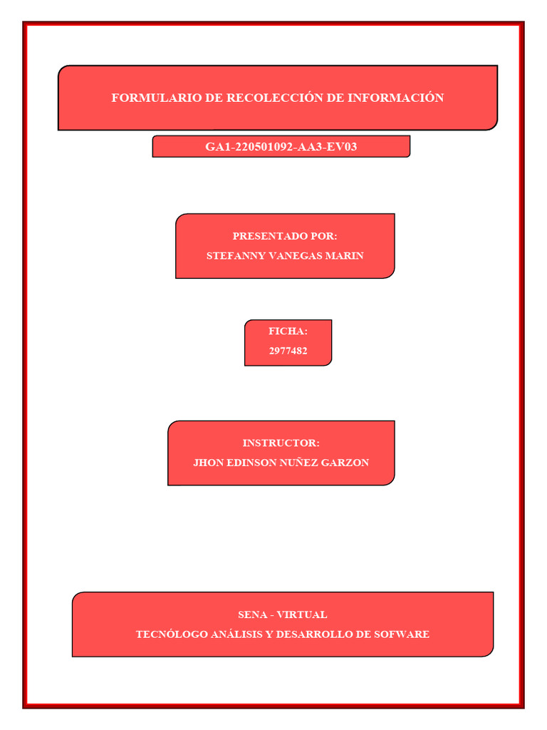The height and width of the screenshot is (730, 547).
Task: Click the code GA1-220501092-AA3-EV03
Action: [281, 147]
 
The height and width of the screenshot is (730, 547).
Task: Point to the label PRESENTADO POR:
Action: [285, 236]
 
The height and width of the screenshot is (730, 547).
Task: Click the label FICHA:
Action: [288, 331]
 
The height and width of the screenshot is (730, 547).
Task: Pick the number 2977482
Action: [288, 351]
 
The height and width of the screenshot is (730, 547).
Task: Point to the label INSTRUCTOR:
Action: [281, 443]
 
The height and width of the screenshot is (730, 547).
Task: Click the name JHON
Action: [208, 463]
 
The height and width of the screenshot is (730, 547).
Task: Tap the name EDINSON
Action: [251, 463]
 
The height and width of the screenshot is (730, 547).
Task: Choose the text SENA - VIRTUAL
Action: [283, 615]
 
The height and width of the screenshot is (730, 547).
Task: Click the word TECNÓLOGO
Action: [168, 634]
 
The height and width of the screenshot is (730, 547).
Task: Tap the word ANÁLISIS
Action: [233, 634]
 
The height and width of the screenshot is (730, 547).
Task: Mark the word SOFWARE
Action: [402, 634]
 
